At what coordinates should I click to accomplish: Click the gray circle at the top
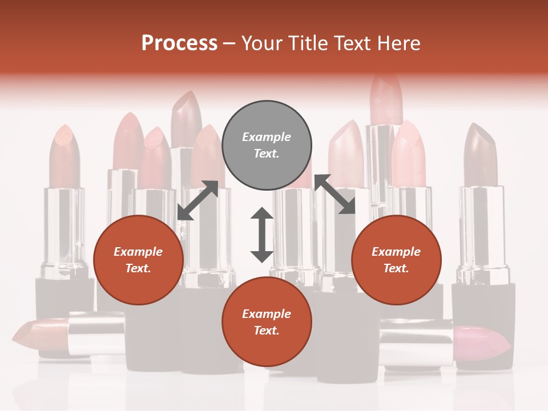pyautogui.click(x=267, y=146)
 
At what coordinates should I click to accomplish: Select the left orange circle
pyautogui.click(x=138, y=260)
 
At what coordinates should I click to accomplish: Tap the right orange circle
pyautogui.click(x=396, y=260)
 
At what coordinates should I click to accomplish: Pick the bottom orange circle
pyautogui.click(x=267, y=323)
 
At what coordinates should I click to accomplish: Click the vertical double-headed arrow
pyautogui.click(x=262, y=235)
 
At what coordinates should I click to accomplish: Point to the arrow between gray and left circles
pyautogui.click(x=198, y=200)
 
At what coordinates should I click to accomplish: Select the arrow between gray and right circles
pyautogui.click(x=335, y=194)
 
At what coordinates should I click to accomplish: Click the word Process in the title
pyautogui.click(x=179, y=43)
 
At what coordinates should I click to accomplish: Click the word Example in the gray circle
pyautogui.click(x=267, y=137)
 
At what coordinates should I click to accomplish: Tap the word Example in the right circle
pyautogui.click(x=396, y=252)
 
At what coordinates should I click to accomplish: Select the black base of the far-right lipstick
pyautogui.click(x=483, y=317)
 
